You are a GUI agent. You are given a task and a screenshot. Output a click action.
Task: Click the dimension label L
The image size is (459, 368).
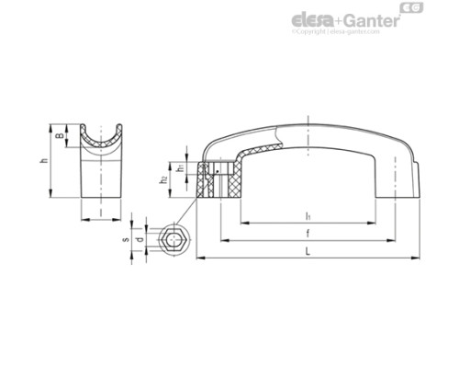click(x=306, y=249)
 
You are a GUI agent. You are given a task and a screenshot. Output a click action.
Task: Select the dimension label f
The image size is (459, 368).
click(x=306, y=235)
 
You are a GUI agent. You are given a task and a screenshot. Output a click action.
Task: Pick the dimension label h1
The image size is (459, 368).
click(x=181, y=168)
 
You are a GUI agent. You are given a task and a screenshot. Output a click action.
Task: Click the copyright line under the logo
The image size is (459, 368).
click(x=348, y=33)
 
